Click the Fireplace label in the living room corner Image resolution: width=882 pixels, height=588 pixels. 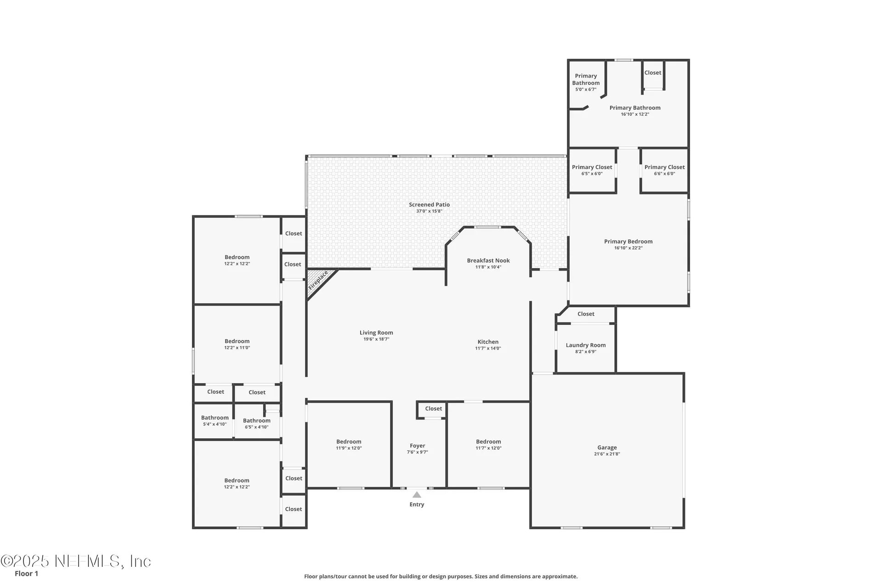point(318,280)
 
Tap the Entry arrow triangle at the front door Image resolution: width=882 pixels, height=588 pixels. point(417,495)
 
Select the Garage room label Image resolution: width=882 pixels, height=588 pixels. point(607,447)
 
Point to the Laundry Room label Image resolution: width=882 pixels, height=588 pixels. point(586,345)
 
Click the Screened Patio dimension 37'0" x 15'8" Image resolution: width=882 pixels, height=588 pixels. point(430,211)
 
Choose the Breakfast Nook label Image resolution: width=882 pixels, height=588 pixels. point(488,260)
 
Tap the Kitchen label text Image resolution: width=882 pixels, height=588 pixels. point(488,342)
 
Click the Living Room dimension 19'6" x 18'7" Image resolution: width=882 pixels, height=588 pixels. point(376,339)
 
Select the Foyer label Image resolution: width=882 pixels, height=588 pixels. point(418,446)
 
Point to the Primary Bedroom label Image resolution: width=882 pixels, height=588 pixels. point(628,242)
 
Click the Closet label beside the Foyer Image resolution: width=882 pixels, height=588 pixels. point(434,408)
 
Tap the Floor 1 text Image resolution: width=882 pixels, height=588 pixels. point(27,573)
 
